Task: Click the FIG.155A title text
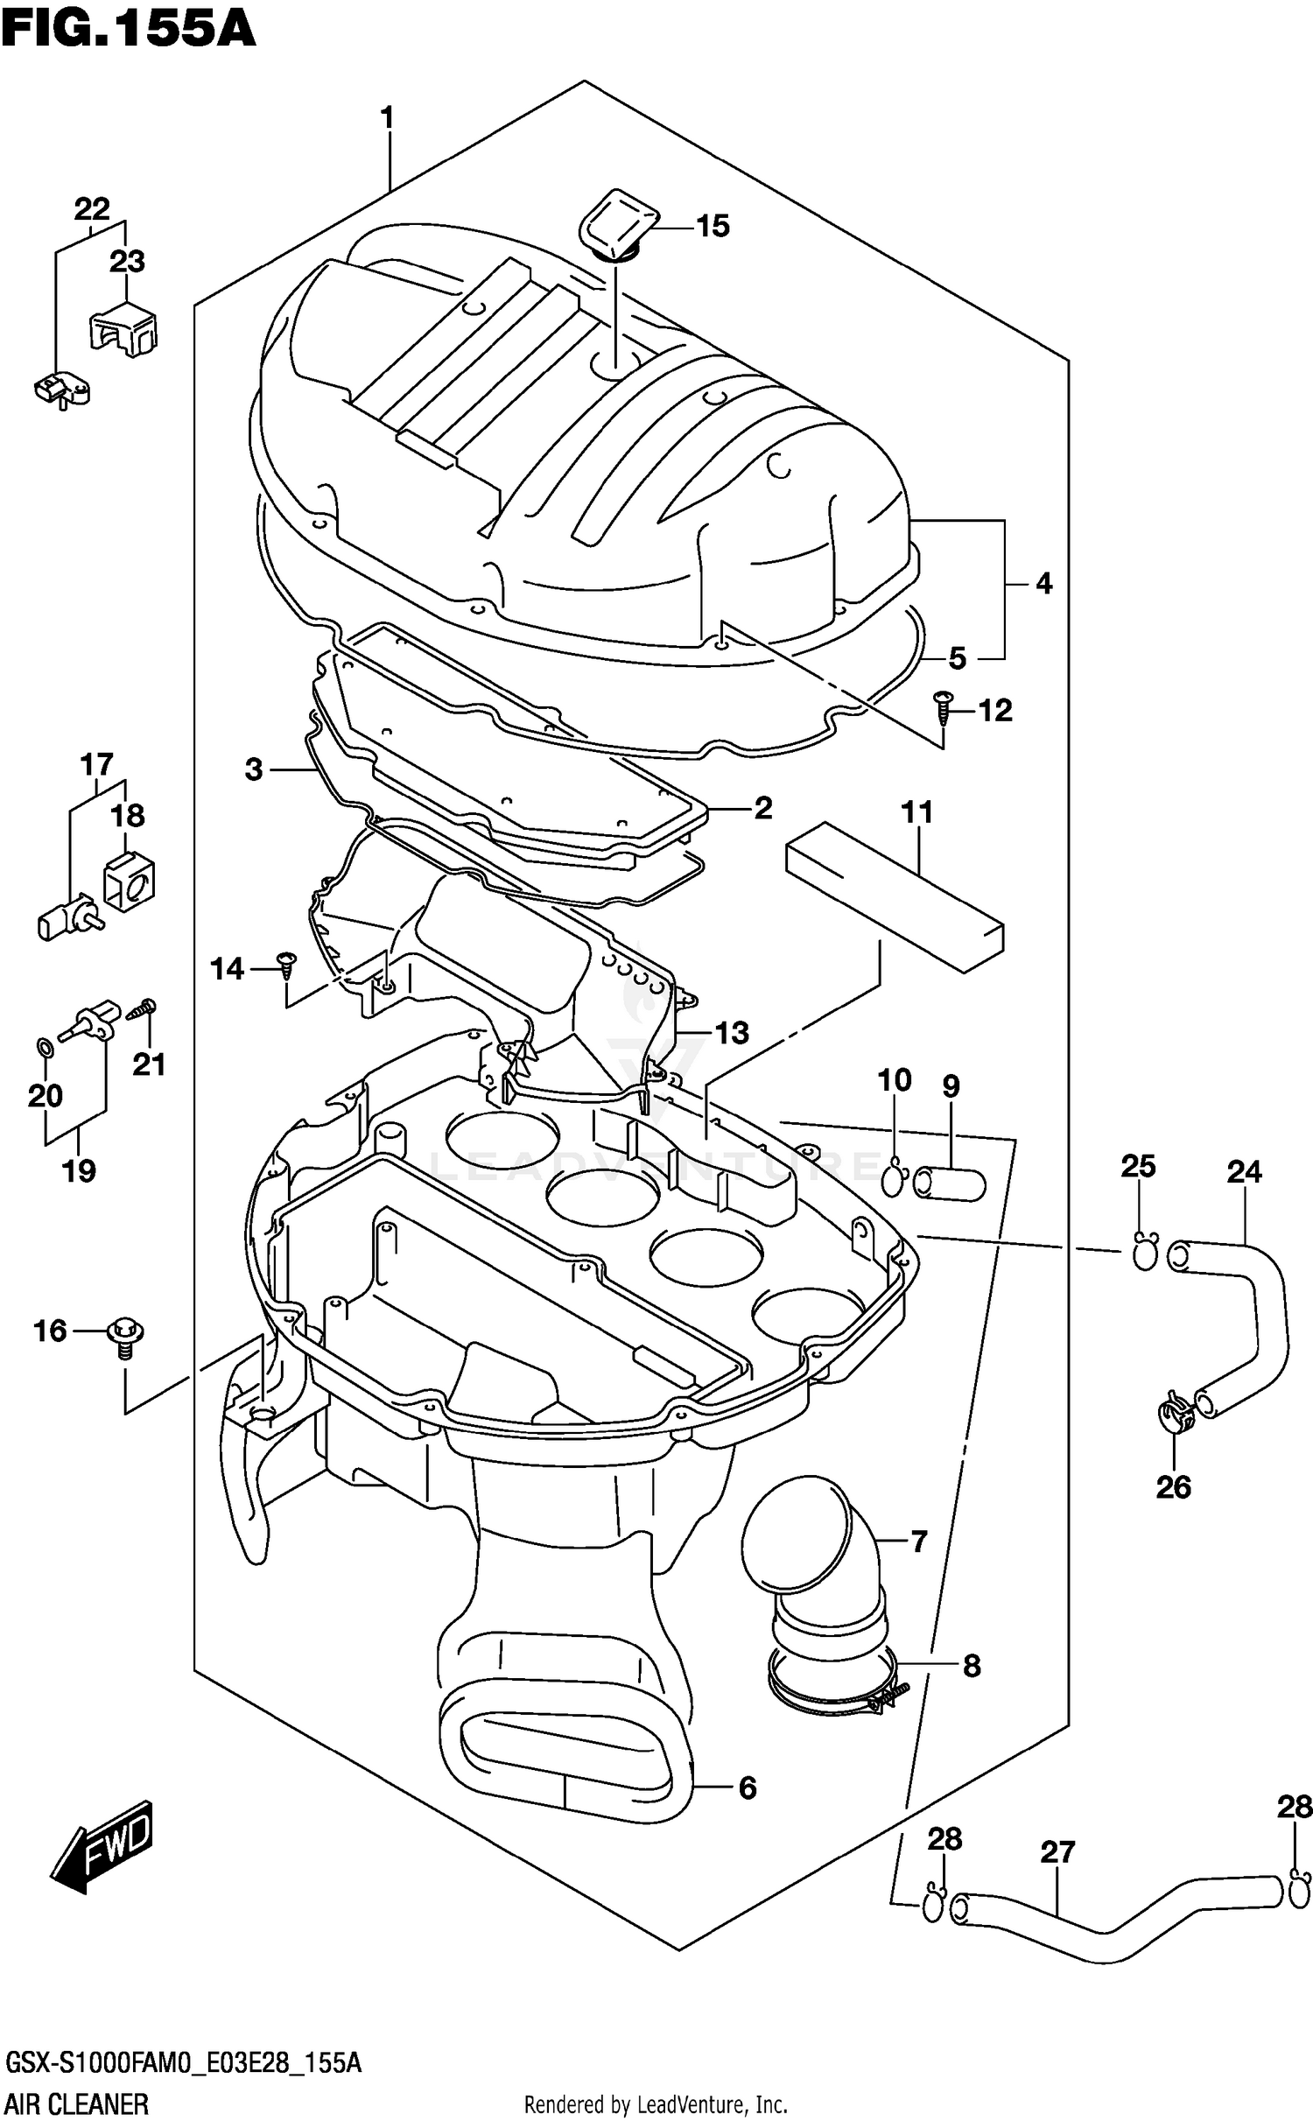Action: coord(128,28)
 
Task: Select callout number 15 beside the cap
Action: coord(713,226)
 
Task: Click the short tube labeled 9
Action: coord(950,1184)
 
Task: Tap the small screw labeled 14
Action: coord(286,966)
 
